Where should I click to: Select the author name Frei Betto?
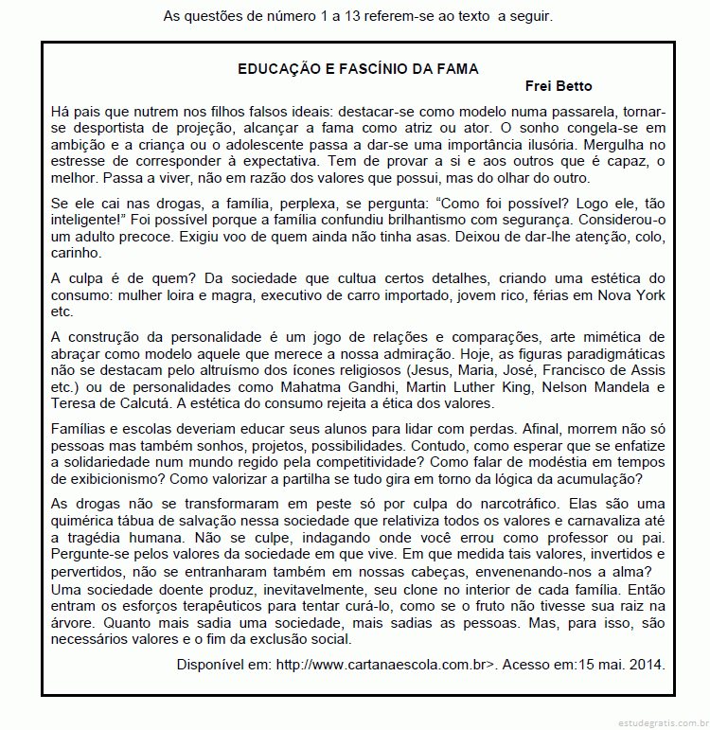[x=559, y=86]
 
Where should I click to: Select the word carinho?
[x=77, y=254]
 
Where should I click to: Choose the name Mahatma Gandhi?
[x=355, y=387]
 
